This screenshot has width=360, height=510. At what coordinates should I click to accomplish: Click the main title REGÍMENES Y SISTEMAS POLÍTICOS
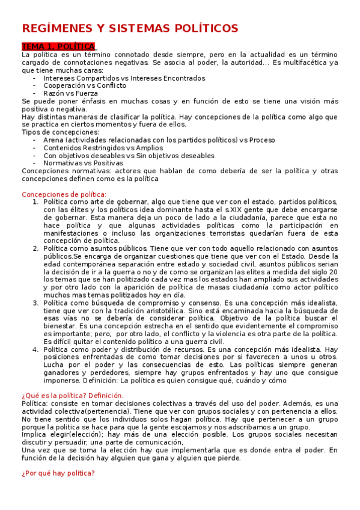coord(130,28)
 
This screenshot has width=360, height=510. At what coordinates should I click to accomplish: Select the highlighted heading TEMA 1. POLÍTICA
coord(58,47)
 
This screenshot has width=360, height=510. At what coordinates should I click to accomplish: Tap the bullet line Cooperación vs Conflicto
coord(85,85)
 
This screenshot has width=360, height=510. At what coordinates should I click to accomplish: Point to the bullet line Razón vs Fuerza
coord(70,93)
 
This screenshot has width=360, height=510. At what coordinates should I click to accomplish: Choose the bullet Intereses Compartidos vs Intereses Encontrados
coord(124,78)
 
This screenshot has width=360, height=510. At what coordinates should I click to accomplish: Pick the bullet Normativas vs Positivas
coord(83,162)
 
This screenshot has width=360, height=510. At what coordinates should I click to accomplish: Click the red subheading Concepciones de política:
coord(64,194)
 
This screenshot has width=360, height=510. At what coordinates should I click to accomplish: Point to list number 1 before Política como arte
coord(36,202)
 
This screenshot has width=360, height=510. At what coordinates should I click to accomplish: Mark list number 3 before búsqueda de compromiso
coord(36,303)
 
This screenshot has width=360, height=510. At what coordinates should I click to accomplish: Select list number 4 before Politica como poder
coord(36,349)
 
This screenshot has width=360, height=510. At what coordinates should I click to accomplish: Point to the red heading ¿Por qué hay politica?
coord(58,473)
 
